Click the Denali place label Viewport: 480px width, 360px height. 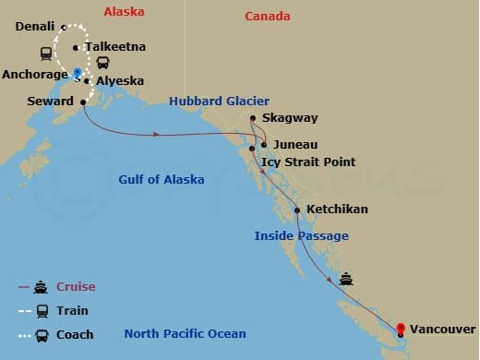(x=34, y=26)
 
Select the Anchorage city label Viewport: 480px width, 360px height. (x=34, y=74)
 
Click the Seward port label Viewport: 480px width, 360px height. (x=51, y=101)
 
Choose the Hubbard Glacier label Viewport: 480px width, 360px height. (x=219, y=101)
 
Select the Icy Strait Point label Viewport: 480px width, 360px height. (x=308, y=162)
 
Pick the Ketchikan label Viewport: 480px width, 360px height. (x=337, y=210)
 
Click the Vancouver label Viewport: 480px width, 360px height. (x=444, y=329)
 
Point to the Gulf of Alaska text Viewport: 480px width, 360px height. (x=162, y=179)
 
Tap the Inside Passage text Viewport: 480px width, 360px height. (x=301, y=236)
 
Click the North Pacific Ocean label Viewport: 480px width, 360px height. (x=186, y=334)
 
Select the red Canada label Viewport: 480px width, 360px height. (x=268, y=17)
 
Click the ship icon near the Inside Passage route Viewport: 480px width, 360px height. (x=346, y=279)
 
